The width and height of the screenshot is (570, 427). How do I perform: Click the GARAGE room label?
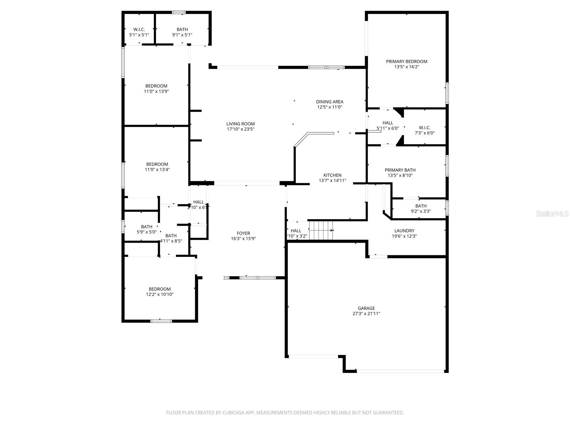click(366, 308)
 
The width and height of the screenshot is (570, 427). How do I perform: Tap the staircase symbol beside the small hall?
click(321, 231)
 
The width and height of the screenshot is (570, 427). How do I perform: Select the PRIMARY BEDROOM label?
click(406, 62)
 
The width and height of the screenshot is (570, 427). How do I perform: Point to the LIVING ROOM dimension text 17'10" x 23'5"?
click(240, 129)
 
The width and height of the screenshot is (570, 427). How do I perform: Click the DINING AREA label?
click(330, 102)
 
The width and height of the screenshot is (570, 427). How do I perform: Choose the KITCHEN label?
click(332, 175)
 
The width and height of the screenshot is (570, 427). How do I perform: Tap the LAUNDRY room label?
click(404, 231)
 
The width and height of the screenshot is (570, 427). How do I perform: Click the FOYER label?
click(243, 233)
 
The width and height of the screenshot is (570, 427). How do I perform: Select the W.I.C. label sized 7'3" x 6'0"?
click(424, 128)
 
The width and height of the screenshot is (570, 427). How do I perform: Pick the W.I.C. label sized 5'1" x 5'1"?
click(139, 30)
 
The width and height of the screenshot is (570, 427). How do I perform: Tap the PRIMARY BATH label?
click(400, 170)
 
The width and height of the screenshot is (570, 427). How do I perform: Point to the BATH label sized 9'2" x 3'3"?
click(421, 206)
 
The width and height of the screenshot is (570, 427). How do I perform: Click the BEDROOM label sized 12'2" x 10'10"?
click(160, 289)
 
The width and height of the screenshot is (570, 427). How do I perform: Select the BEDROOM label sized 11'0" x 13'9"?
click(156, 86)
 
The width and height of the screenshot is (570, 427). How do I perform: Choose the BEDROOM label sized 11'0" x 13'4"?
click(157, 164)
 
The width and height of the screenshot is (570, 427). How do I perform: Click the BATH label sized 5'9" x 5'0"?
click(146, 227)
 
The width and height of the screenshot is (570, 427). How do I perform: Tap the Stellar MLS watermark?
click(552, 214)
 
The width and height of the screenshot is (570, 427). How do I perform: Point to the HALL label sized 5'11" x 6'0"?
click(388, 123)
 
